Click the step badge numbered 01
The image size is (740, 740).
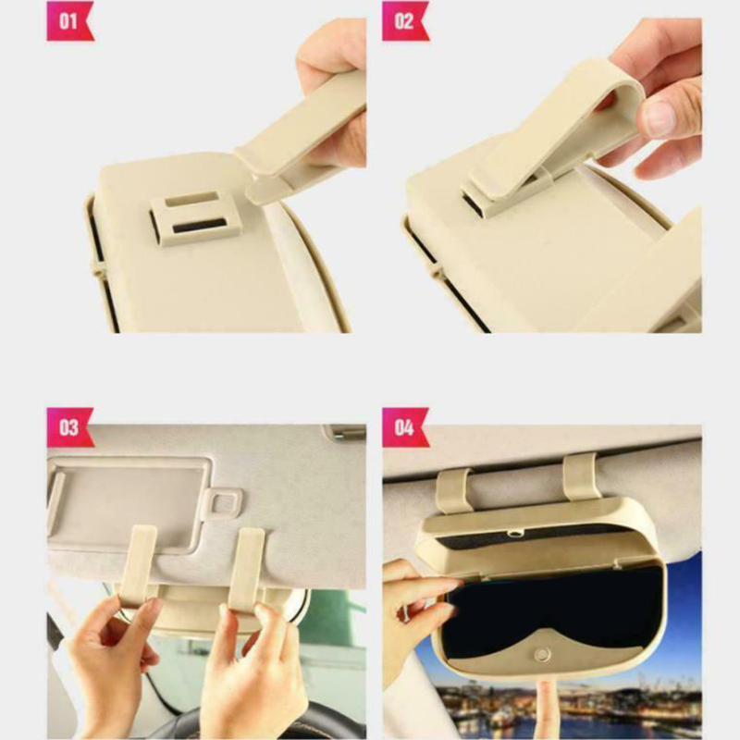(70, 21)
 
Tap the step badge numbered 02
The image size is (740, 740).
(405, 21)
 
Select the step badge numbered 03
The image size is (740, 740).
(70, 427)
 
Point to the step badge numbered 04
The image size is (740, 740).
(405, 427)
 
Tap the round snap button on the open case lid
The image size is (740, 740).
(542, 654)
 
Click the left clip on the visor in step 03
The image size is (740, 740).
(137, 566)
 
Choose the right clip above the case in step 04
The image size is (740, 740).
(581, 476)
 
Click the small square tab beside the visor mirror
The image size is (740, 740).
(223, 504)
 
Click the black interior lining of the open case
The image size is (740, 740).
(552, 609)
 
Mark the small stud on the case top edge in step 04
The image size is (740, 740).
(515, 534)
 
